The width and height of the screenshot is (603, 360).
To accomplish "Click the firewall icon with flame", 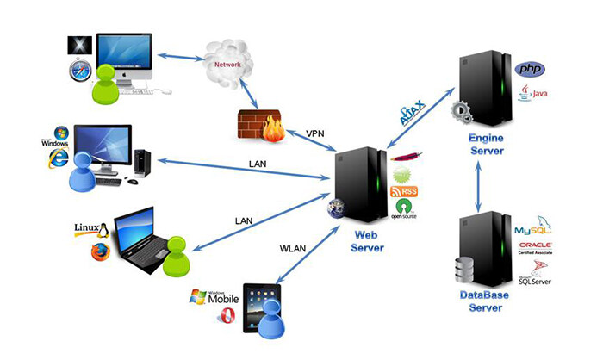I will click(x=257, y=127).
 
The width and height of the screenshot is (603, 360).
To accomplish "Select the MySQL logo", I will click(x=532, y=231).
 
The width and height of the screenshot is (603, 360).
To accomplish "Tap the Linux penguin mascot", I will click(x=102, y=230).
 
